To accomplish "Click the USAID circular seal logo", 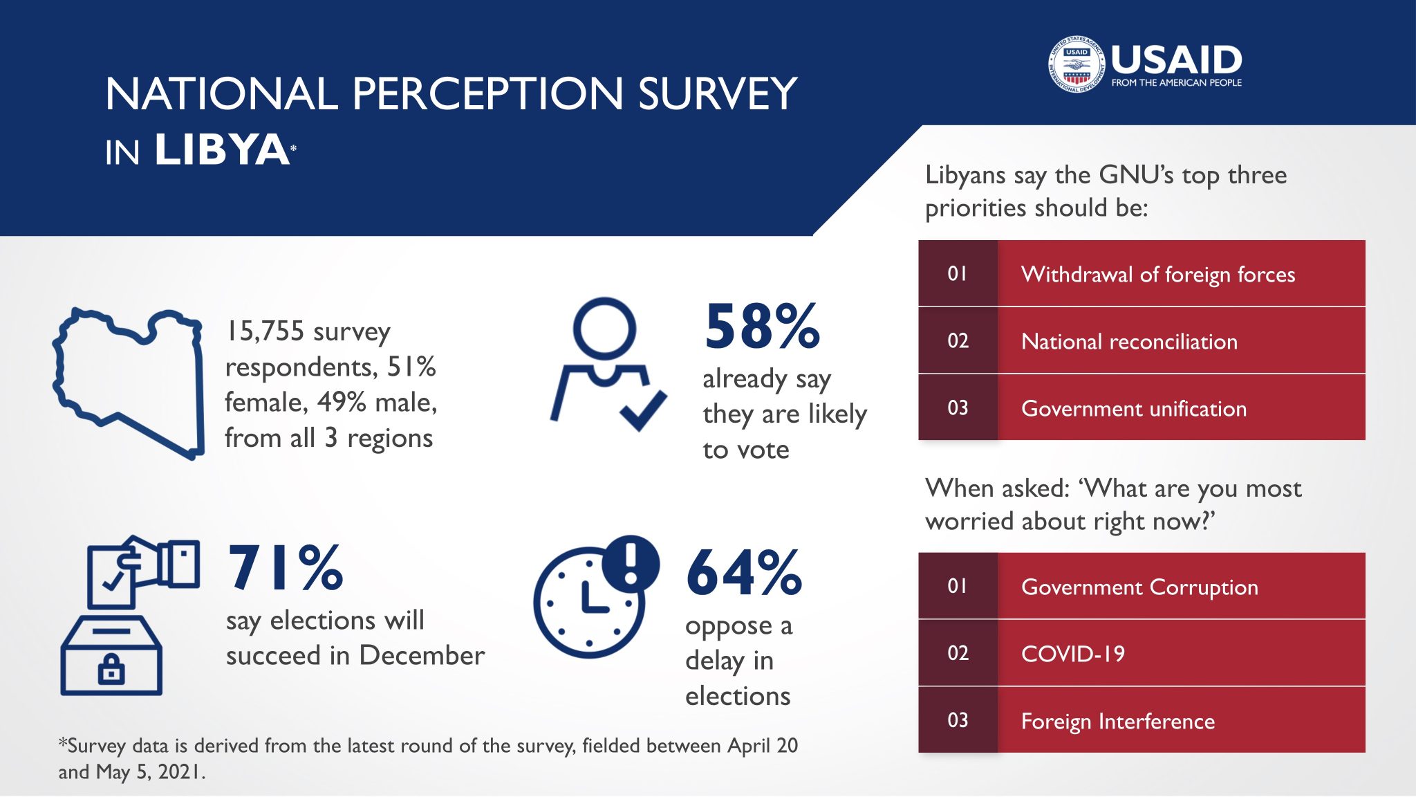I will coord(1077,64).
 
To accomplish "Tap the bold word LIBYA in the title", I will coord(222,149).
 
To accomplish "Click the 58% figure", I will coord(762,327).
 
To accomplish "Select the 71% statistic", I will coord(286,568).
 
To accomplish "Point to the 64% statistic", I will coord(744,573).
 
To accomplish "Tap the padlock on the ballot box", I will coord(111,669).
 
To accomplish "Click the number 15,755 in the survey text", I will coord(265,332).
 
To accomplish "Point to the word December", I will coord(422,655).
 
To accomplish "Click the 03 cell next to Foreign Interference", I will coord(958,720).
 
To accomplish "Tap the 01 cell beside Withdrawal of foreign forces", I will coord(958,274).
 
